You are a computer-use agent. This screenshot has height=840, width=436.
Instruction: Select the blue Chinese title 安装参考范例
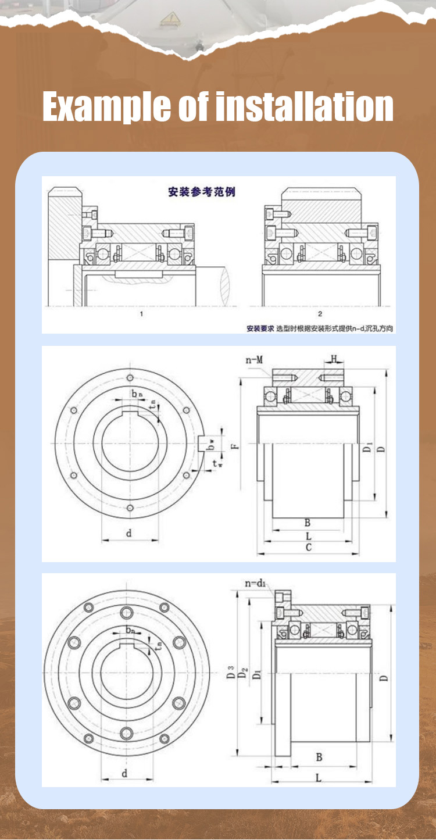(202, 191)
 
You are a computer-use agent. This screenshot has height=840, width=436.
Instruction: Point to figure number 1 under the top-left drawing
(141, 314)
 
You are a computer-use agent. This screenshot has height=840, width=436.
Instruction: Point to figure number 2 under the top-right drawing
(320, 314)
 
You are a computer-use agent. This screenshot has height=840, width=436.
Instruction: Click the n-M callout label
(254, 360)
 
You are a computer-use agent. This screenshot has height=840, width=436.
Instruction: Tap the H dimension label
(334, 358)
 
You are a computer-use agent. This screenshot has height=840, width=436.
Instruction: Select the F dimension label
(233, 446)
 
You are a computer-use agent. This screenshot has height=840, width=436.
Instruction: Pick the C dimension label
(309, 548)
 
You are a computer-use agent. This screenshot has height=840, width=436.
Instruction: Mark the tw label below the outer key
(216, 463)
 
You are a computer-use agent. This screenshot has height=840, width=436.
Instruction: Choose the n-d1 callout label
(255, 583)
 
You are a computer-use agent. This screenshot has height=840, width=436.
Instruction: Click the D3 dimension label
(231, 674)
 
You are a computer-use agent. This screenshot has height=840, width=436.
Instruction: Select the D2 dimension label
(244, 674)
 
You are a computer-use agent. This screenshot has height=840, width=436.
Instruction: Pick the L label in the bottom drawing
(319, 777)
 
